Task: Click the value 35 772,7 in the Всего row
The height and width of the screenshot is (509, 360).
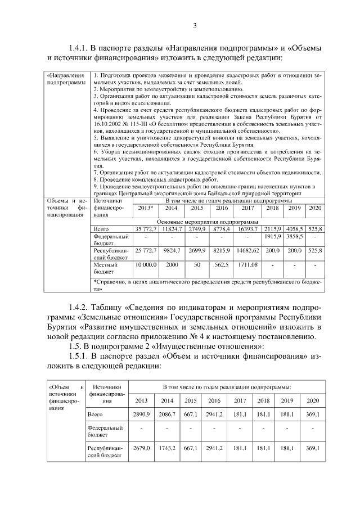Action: point(145,229)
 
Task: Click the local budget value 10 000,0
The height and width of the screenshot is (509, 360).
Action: point(145,264)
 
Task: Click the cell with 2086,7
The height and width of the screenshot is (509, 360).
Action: point(168,415)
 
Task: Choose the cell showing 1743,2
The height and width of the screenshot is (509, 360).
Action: point(168,448)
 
